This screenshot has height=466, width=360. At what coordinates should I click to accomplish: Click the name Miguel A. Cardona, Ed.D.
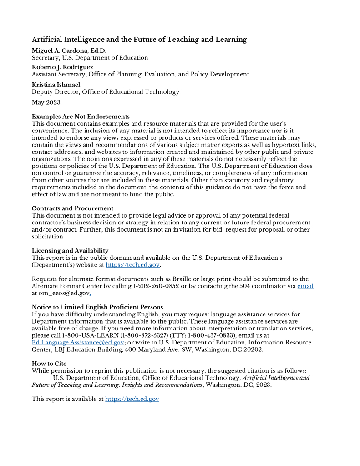click(x=69, y=51)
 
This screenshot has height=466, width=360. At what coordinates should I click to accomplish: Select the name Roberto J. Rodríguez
click(x=62, y=67)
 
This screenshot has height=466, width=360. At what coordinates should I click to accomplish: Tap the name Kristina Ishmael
click(x=56, y=85)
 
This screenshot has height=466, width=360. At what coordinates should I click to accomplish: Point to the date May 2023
click(x=46, y=102)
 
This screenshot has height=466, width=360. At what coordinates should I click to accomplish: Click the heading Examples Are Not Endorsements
click(x=81, y=116)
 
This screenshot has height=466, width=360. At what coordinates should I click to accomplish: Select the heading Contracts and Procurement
click(x=72, y=208)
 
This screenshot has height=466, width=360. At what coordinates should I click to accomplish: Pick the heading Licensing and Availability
click(x=70, y=251)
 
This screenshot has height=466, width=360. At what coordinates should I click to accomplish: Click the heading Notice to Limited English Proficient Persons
click(x=97, y=307)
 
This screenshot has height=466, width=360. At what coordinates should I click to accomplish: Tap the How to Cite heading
click(x=49, y=364)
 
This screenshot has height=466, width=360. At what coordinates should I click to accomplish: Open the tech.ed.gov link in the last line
click(x=132, y=399)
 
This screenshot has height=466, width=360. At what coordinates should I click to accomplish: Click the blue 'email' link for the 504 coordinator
click(x=305, y=286)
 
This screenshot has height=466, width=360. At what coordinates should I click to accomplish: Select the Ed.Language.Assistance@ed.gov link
click(x=78, y=343)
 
